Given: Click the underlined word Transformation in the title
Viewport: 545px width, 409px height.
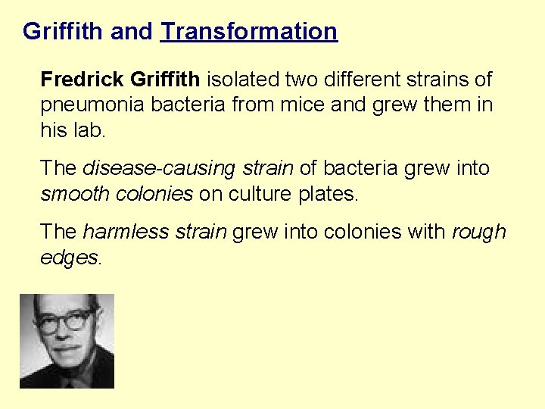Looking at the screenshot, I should click(249, 32).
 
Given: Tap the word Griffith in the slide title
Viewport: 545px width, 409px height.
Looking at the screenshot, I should click(63, 32).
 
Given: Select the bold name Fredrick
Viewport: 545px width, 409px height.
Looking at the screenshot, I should click(83, 79).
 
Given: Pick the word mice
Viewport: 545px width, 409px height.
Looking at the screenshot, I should click(301, 105).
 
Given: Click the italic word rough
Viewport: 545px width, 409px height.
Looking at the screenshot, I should click(478, 232).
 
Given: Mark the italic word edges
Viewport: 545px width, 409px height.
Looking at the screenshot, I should click(68, 258).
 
